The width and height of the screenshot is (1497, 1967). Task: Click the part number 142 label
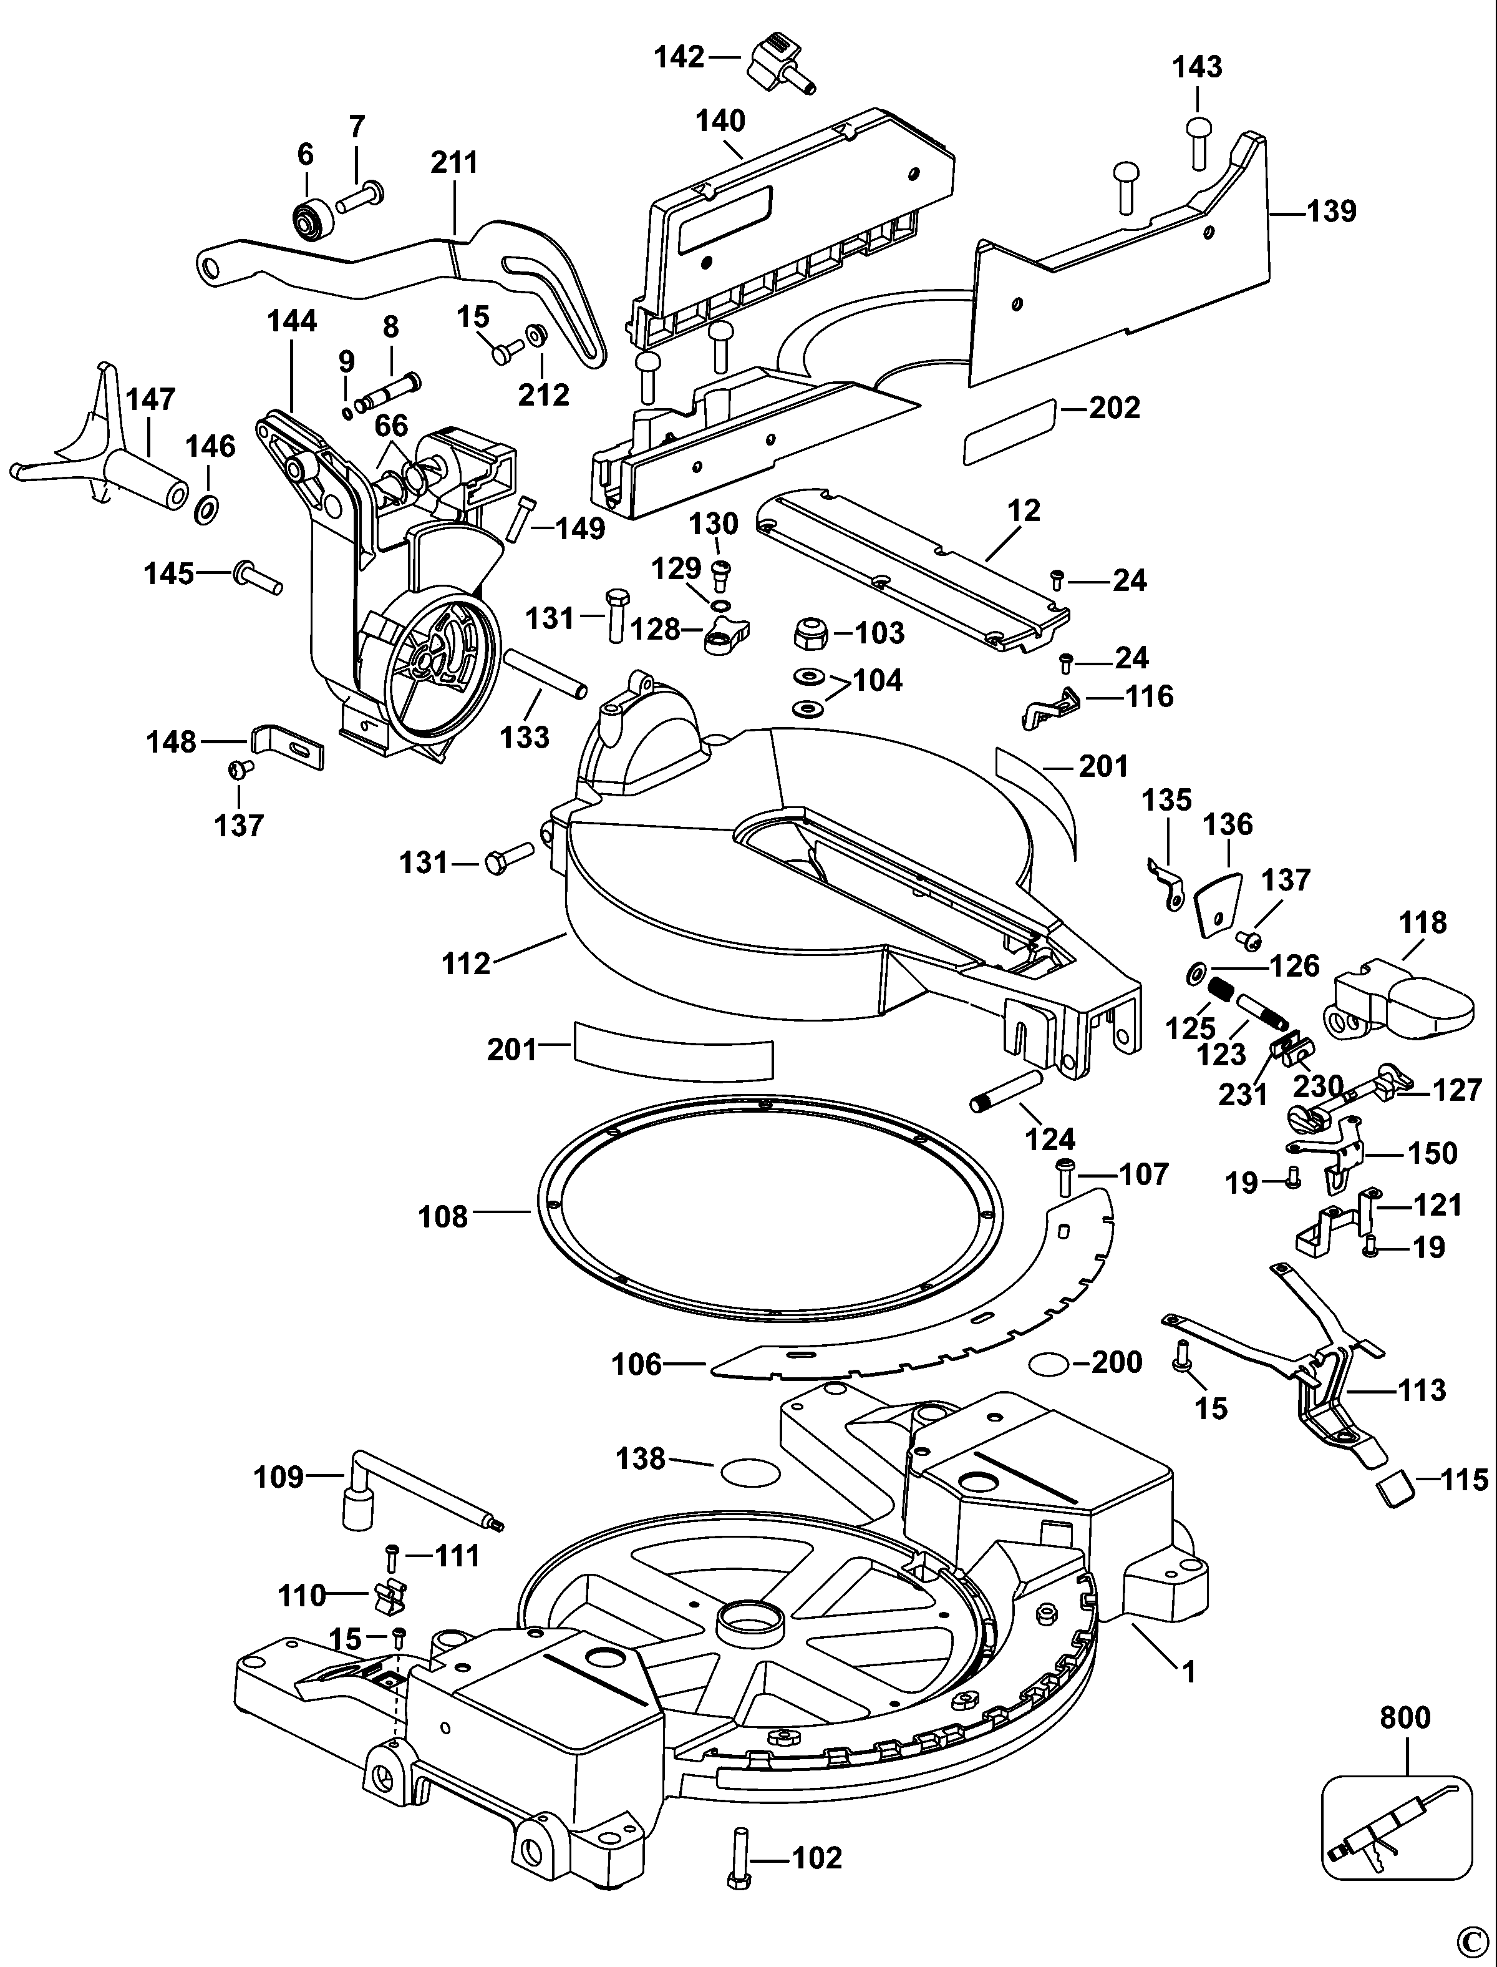tap(679, 57)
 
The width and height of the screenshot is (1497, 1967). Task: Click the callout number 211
tap(455, 162)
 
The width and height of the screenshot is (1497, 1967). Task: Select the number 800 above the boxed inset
tap(1405, 1717)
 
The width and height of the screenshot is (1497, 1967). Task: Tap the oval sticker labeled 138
tap(747, 1472)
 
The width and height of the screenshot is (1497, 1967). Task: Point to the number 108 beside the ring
tap(443, 1216)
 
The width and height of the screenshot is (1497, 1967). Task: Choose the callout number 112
tap(466, 964)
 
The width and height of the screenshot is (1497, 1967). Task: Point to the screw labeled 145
tap(256, 577)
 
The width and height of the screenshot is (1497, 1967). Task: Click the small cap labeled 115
tap(1395, 1488)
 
